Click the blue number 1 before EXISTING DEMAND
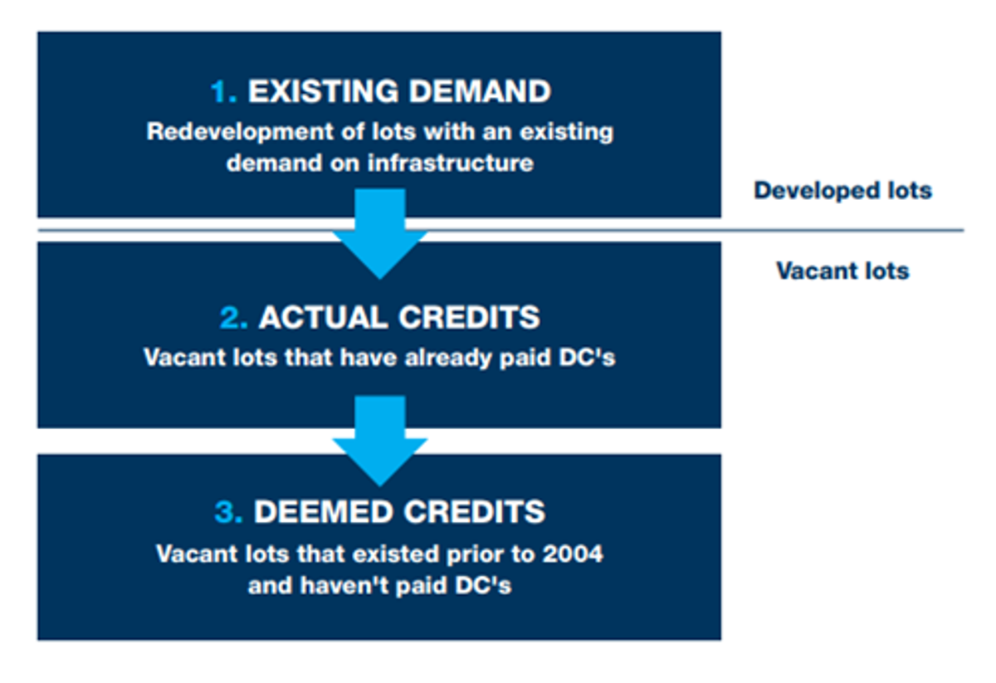click(222, 91)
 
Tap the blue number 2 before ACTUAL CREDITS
click(233, 318)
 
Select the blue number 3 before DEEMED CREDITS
click(228, 512)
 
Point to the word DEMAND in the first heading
click(481, 91)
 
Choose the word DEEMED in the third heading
click(323, 512)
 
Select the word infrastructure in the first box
click(451, 163)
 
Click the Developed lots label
click(842, 191)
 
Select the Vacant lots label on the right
click(842, 271)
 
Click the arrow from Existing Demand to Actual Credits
click(380, 234)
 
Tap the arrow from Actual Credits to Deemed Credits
click(380, 442)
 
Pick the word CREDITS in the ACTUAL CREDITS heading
click(469, 318)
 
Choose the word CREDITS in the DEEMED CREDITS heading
click(474, 512)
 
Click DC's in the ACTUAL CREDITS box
click(587, 358)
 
